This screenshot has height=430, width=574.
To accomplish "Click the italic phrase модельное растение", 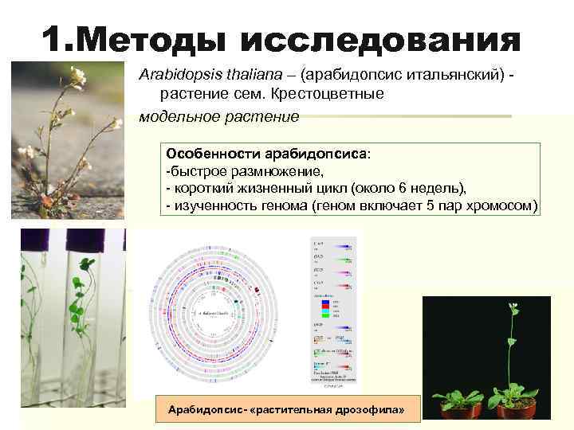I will (x=219, y=116).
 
